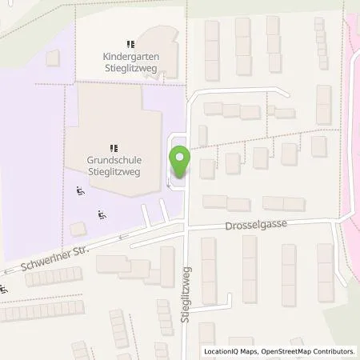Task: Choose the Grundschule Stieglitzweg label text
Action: (x=114, y=164)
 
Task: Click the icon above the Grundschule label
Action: (x=114, y=147)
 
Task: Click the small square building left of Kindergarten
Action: (x=54, y=58)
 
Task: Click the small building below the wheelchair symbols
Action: (x=78, y=229)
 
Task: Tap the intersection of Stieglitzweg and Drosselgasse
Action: (x=186, y=227)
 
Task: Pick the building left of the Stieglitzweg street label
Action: (x=166, y=266)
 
